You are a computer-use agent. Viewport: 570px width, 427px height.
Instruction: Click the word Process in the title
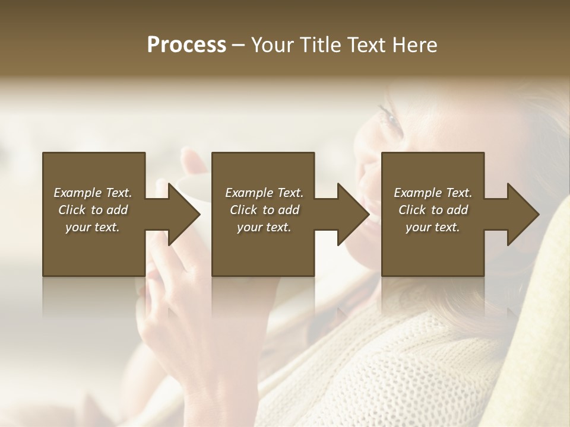(x=186, y=45)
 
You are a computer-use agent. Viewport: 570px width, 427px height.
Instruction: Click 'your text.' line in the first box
(x=93, y=227)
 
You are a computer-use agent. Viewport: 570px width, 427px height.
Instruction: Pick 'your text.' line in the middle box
(x=264, y=227)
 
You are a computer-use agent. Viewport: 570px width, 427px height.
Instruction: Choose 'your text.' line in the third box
(x=433, y=227)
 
